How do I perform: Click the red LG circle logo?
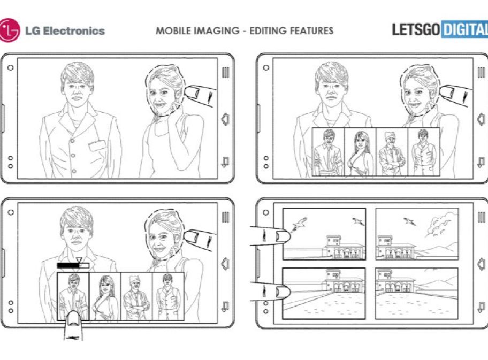click(x=9, y=30)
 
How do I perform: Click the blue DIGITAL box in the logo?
click(x=464, y=29)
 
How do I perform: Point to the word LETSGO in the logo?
click(x=415, y=29)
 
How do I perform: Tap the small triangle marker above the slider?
click(x=79, y=260)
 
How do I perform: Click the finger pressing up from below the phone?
click(x=74, y=325)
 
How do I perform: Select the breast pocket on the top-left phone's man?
click(x=97, y=145)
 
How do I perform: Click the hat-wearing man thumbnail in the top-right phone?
click(x=392, y=152)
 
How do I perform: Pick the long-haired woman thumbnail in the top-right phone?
click(x=360, y=152)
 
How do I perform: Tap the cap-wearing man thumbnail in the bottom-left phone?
click(x=136, y=296)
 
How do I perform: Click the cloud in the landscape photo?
click(x=439, y=222)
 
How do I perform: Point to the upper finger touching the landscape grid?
click(x=270, y=235)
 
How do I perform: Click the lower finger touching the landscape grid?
click(x=270, y=291)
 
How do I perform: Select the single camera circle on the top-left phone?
click(x=11, y=67)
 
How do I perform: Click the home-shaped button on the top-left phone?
click(x=225, y=119)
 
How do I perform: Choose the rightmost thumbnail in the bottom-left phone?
click(x=168, y=296)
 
